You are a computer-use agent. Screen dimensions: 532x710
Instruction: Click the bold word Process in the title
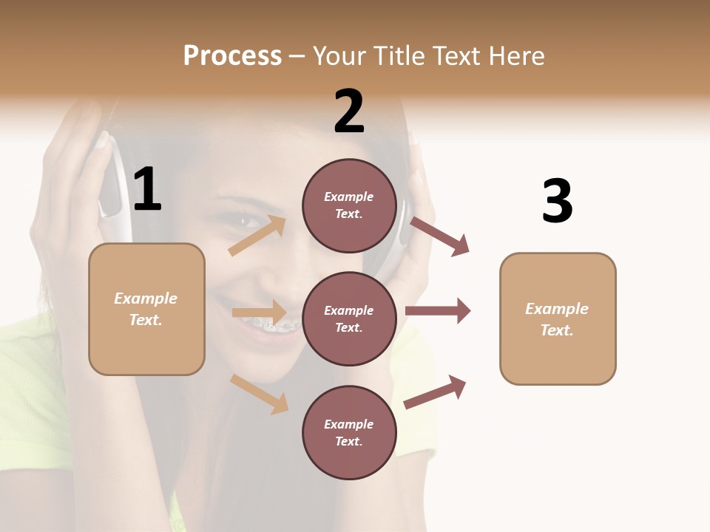pos(232,55)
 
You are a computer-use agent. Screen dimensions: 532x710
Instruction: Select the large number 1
pos(147,190)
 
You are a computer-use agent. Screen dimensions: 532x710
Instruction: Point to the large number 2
pos(349,112)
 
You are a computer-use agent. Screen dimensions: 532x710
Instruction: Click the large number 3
pos(557,202)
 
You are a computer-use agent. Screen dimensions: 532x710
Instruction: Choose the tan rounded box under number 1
pos(146,309)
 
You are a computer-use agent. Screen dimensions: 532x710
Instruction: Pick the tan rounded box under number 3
pos(558,318)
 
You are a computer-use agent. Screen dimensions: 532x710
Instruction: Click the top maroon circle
pos(349,205)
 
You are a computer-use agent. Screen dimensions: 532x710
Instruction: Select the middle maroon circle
pos(349,318)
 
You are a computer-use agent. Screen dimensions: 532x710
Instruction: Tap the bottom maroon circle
pos(349,432)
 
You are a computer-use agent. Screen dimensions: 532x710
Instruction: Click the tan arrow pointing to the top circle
pos(258,235)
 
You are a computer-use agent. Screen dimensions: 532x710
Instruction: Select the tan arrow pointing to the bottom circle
pos(260,394)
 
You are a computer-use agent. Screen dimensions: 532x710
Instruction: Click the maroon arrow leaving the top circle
pos(440,236)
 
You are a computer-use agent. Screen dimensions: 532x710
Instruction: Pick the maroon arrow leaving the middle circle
pos(438,311)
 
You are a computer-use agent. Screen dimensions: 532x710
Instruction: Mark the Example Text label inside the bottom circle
pos(349,433)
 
